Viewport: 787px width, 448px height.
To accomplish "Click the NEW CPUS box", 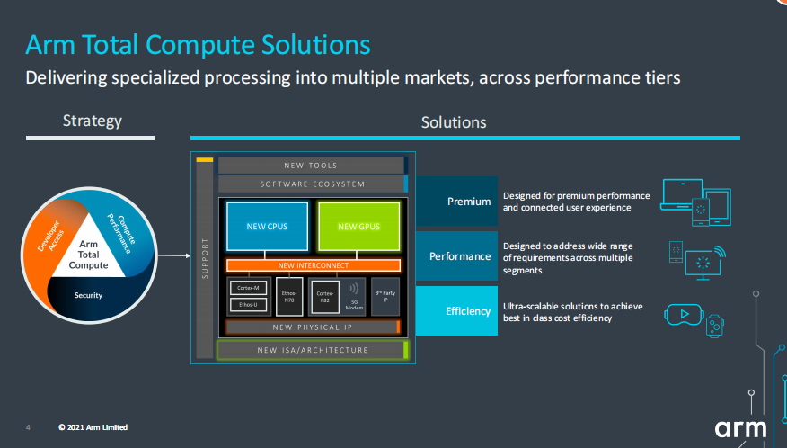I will [x=267, y=226].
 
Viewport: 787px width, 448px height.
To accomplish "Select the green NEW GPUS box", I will [x=358, y=226].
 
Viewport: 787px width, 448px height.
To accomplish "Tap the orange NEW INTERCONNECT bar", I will [x=313, y=265].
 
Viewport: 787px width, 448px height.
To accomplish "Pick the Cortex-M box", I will [x=248, y=288].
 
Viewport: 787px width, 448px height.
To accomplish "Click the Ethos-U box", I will [x=248, y=305].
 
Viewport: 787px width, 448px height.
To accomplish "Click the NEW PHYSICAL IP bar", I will [x=313, y=327].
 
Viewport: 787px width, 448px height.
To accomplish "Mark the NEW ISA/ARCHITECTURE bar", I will [x=313, y=350].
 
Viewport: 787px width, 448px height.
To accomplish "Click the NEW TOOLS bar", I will [x=311, y=166].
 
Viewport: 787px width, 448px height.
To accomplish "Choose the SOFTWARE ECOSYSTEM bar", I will [x=313, y=184].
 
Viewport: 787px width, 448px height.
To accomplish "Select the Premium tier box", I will [x=456, y=202].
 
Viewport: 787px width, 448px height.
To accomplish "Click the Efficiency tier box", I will [x=456, y=311].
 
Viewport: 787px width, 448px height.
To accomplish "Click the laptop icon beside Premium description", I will [x=679, y=195].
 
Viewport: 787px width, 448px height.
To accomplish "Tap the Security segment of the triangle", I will [x=89, y=295].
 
